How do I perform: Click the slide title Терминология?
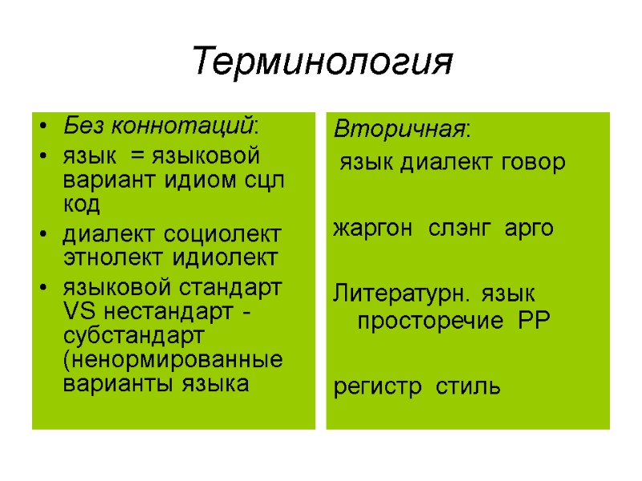click(x=323, y=62)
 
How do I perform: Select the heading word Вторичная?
click(x=400, y=129)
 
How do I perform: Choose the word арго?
click(x=529, y=228)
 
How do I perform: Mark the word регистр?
click(x=377, y=389)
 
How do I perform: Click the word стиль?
click(x=468, y=389)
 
